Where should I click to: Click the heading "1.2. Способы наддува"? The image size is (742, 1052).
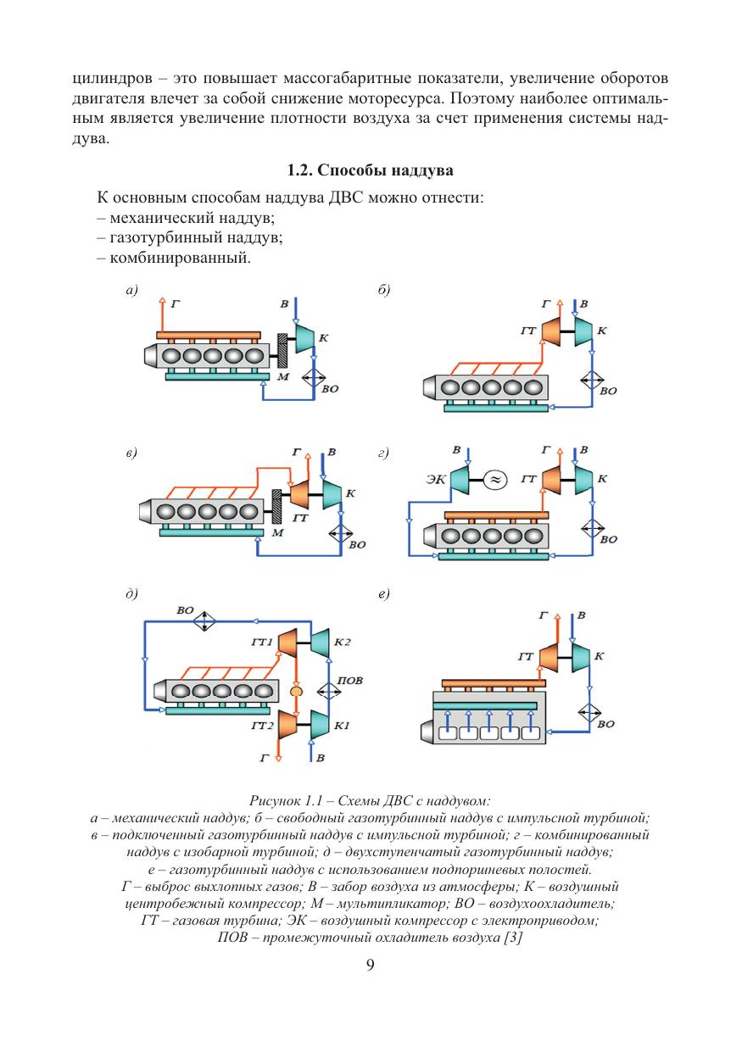click(x=371, y=170)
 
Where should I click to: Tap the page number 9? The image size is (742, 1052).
click(x=371, y=966)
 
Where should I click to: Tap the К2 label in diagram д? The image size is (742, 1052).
click(x=343, y=643)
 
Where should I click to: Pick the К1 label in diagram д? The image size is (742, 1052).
click(x=343, y=726)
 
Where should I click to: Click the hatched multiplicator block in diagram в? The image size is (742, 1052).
click(x=276, y=507)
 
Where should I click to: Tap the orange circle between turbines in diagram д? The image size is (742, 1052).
click(x=296, y=693)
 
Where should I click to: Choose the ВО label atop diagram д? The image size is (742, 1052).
click(x=186, y=609)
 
